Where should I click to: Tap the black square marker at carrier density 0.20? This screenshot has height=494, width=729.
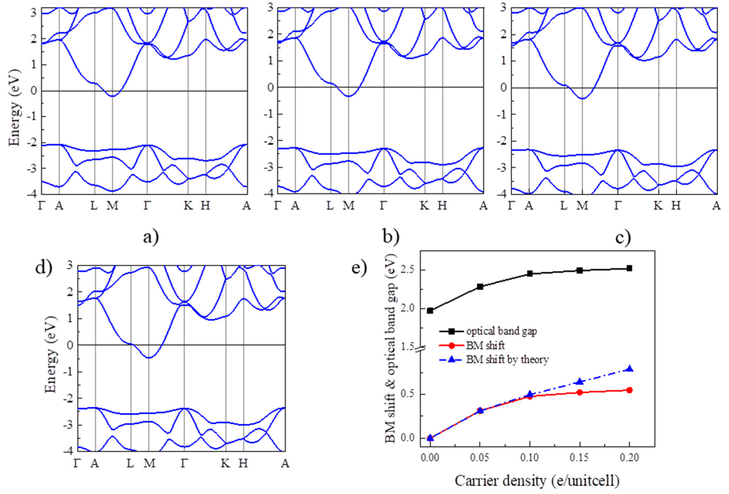[x=629, y=268]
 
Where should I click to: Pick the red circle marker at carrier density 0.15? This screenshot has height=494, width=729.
[x=580, y=392]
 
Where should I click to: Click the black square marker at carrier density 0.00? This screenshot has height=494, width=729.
[x=430, y=311]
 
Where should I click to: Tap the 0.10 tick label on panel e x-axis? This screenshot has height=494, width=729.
[x=530, y=458]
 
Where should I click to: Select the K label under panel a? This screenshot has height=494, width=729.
[x=188, y=205]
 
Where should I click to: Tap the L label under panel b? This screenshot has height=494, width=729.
[x=330, y=205]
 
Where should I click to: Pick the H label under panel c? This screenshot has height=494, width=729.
[x=676, y=205]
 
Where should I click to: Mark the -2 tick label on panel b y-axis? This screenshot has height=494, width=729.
[x=269, y=141]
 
